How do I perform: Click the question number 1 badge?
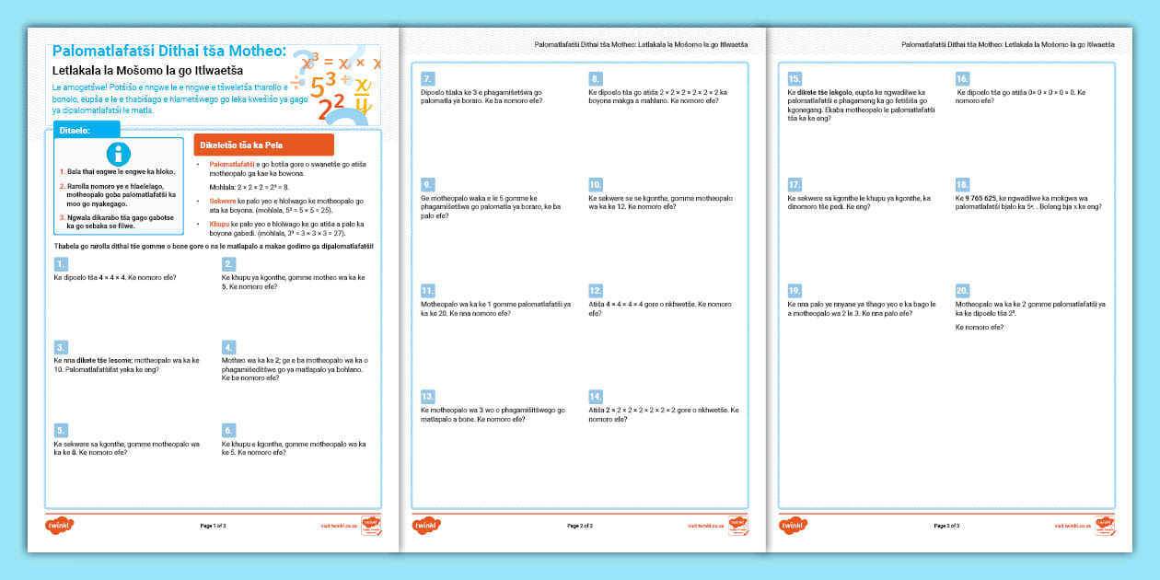[x=61, y=264]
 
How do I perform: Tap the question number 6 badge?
[x=229, y=430]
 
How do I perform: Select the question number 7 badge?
[x=427, y=79]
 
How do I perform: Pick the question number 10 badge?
[x=596, y=184]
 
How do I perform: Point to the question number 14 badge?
[x=596, y=396]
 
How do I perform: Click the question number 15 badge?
[x=795, y=79]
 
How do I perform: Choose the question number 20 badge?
[x=962, y=289]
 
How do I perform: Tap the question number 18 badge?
[x=962, y=184]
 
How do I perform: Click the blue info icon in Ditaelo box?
[x=119, y=155]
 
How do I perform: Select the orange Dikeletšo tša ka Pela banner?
[x=263, y=145]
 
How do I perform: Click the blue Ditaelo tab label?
[x=86, y=131]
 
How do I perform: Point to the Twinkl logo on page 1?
[x=59, y=525]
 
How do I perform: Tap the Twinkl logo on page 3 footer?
[x=794, y=525]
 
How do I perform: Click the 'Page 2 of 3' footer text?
[x=580, y=526]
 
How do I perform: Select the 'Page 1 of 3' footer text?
[x=213, y=526]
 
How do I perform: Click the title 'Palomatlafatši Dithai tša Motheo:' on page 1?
[x=169, y=51]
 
